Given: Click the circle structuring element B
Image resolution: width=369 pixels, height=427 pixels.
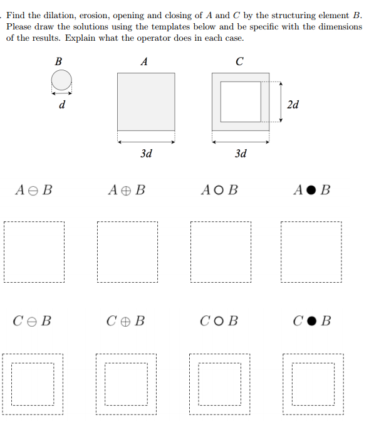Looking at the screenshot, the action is click(x=61, y=80).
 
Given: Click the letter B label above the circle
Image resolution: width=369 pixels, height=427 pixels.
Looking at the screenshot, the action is click(x=58, y=61).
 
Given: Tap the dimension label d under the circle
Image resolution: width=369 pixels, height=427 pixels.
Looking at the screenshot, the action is click(x=61, y=105).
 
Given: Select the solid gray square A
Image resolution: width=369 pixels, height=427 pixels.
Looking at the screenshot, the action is click(x=146, y=102).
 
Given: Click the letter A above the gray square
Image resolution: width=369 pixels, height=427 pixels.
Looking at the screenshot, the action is click(x=145, y=61).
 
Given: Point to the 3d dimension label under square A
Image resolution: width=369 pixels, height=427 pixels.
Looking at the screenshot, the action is click(x=146, y=153).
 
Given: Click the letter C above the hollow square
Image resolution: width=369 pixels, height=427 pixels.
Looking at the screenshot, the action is click(x=240, y=61).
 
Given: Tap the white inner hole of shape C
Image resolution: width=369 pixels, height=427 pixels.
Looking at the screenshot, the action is click(x=241, y=102).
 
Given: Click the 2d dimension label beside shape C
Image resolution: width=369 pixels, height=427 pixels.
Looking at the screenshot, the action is click(x=292, y=104).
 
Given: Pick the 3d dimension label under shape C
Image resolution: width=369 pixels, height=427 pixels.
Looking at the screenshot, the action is click(x=241, y=153).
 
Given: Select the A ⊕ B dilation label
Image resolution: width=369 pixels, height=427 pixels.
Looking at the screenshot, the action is click(x=127, y=189).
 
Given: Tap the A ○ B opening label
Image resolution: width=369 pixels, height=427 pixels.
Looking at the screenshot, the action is click(x=220, y=189).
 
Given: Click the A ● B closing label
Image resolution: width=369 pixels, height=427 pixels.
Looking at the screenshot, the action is click(x=312, y=189).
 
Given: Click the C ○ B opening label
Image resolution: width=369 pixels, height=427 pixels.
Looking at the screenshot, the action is click(x=220, y=322).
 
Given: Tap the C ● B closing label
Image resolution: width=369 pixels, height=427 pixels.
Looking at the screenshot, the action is click(x=312, y=322).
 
